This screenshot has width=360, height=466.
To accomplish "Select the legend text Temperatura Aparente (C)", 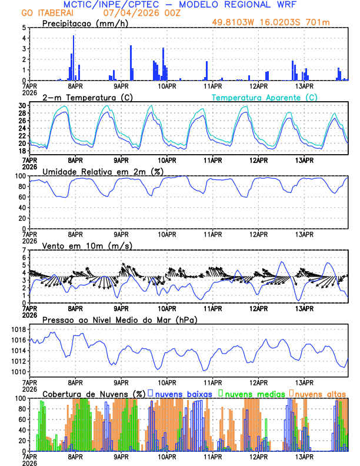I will pos(265,97).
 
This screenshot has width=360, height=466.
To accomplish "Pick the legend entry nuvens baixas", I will pos(184,393).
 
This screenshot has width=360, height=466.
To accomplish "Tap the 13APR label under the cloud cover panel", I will pos(304,457).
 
